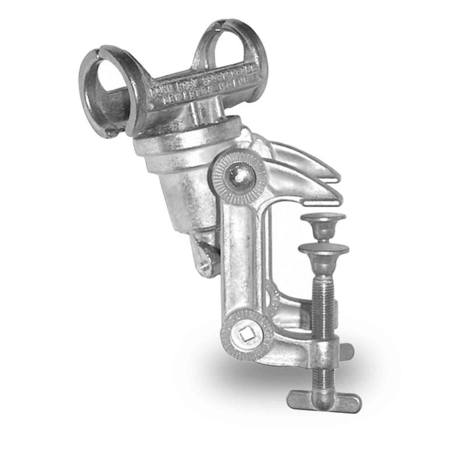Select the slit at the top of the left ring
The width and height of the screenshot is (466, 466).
click(x=100, y=51)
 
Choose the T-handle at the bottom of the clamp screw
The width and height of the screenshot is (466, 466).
click(x=323, y=401)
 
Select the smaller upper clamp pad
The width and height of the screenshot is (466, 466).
click(x=324, y=222)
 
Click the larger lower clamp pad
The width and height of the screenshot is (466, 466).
click(x=323, y=250)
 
